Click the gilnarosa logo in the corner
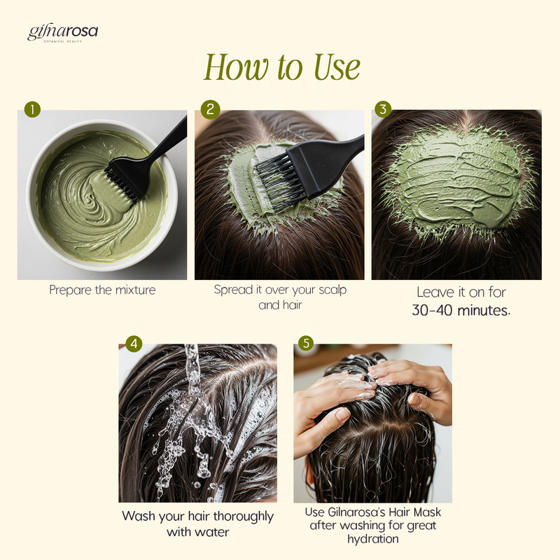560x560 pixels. click(x=62, y=33)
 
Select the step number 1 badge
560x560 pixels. click(x=32, y=109)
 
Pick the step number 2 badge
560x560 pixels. click(x=210, y=109)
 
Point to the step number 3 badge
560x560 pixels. click(x=383, y=109)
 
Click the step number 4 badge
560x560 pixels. click(x=134, y=344)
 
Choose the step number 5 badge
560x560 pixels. click(x=306, y=343)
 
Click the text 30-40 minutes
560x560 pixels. click(x=461, y=310)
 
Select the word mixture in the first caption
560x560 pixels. click(x=135, y=290)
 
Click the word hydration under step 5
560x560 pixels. click(x=373, y=538)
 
